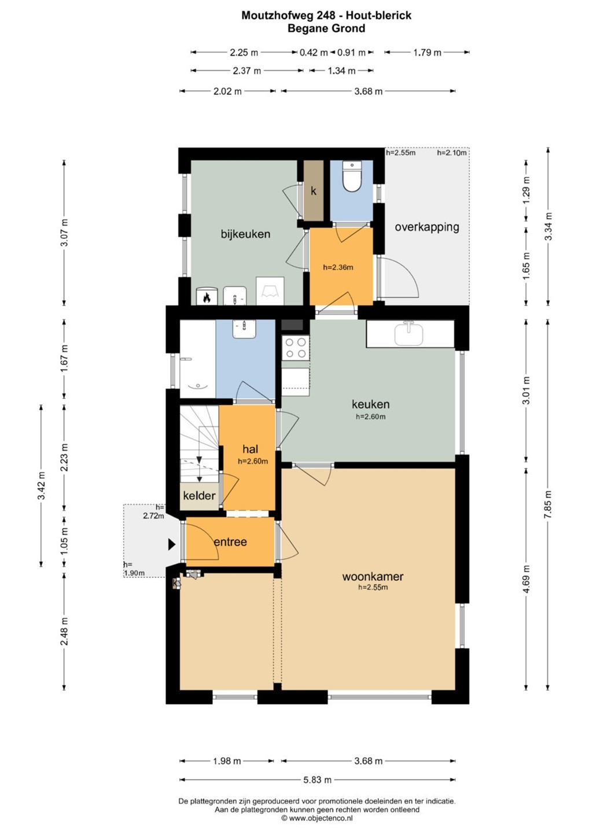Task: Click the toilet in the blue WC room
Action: [x=351, y=176]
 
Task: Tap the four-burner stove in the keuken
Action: [x=296, y=347]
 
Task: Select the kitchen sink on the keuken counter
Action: [x=408, y=334]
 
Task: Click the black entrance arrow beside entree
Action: [x=171, y=544]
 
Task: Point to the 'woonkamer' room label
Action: [x=373, y=576]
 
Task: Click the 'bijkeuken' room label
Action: [x=245, y=234]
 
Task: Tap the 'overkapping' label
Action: [x=427, y=227]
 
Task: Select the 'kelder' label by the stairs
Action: [x=199, y=495]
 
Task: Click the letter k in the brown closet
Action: [x=314, y=191]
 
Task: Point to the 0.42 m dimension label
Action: [x=314, y=53]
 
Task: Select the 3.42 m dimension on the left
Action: [x=41, y=486]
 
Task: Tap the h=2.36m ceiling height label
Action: [x=338, y=267]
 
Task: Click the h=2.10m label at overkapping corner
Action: [x=452, y=153]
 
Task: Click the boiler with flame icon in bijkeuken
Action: [x=207, y=296]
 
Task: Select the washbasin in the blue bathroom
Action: [x=244, y=329]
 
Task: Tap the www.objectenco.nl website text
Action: [x=317, y=818]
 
